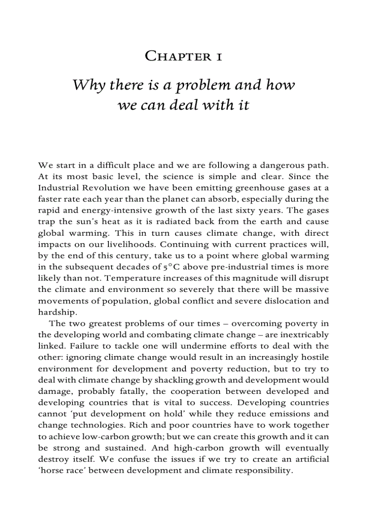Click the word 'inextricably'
pyautogui.click(x=305, y=334)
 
